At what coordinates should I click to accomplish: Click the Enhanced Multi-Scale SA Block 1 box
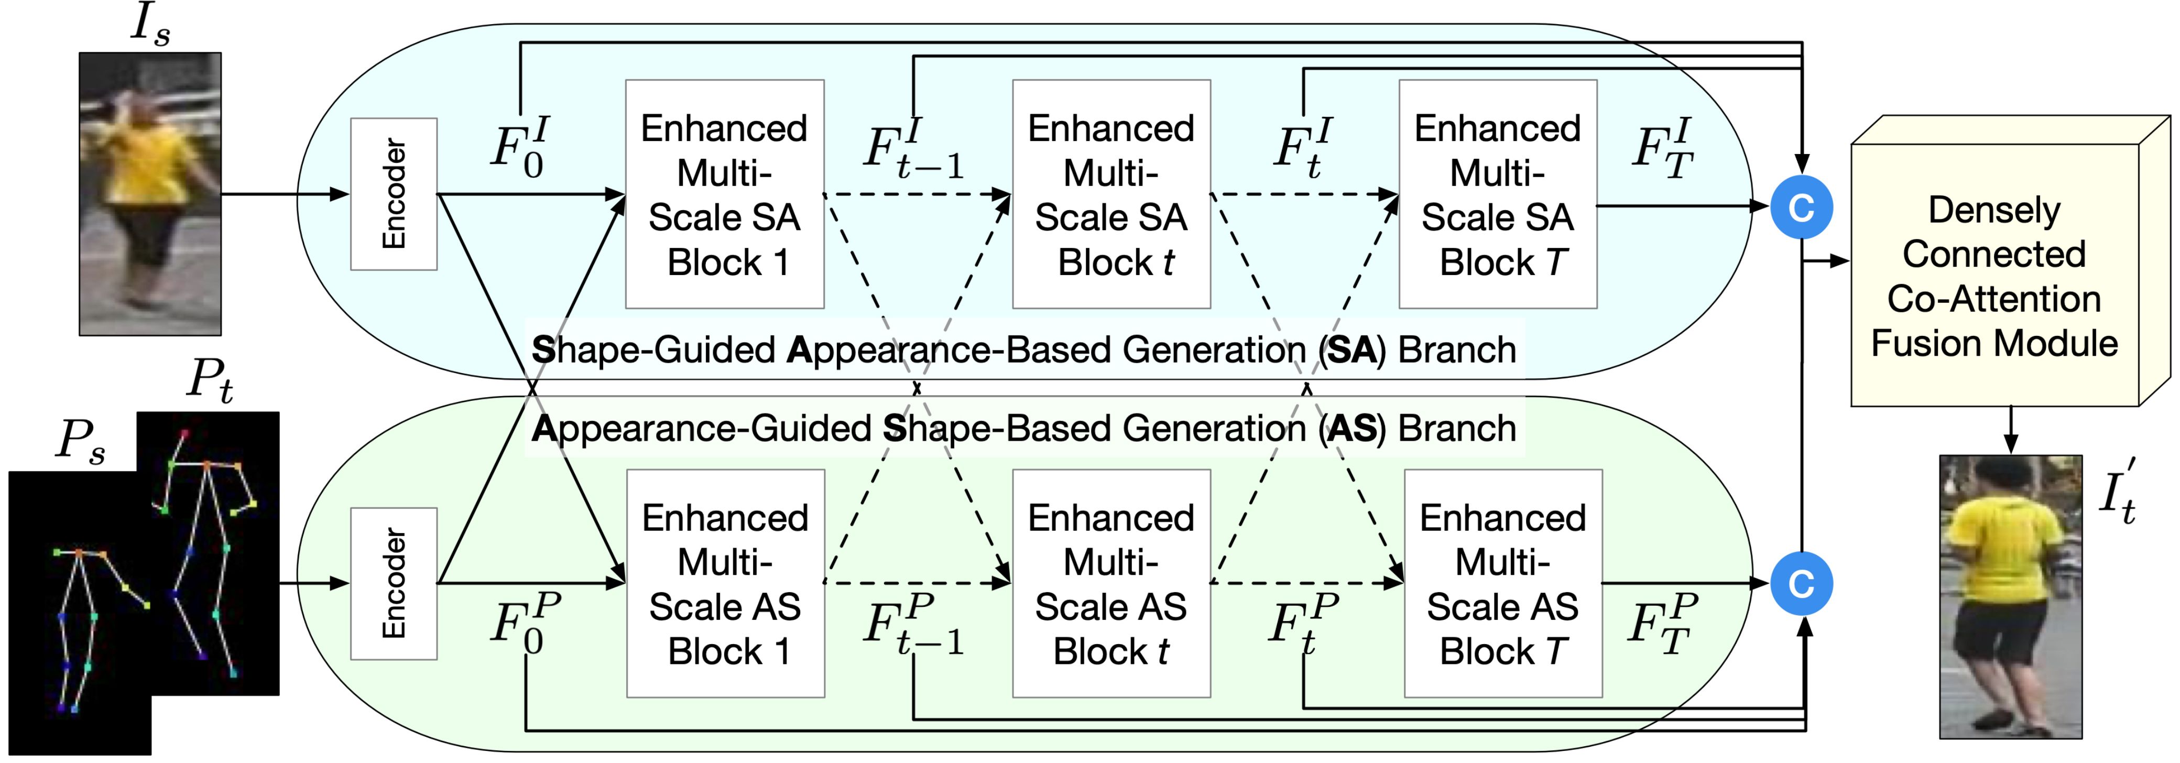coord(724,194)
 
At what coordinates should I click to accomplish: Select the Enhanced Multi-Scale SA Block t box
coord(1111,194)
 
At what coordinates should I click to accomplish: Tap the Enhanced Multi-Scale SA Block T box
coord(1497,194)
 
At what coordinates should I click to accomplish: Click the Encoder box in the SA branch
coord(394,194)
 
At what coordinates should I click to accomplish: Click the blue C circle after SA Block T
coord(1802,207)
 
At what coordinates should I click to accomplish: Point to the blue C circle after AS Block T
coord(1802,583)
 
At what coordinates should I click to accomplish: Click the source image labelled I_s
coord(150,194)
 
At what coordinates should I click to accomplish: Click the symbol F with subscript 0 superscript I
coord(520,148)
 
